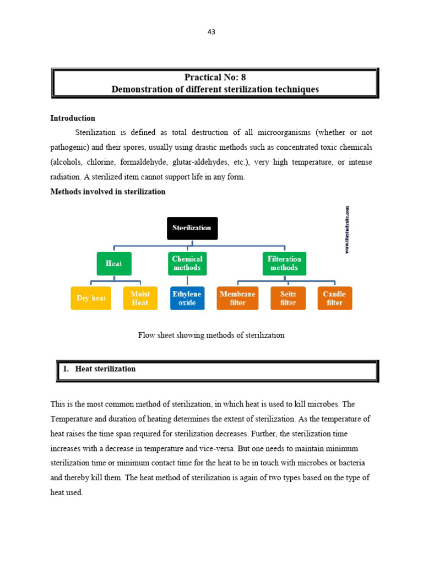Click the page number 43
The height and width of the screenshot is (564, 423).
click(211, 32)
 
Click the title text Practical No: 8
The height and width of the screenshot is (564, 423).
click(215, 78)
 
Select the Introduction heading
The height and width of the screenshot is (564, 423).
click(73, 118)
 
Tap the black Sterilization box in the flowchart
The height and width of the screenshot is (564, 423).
click(192, 228)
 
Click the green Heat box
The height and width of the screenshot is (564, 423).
click(113, 263)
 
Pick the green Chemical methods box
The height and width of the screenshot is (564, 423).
click(187, 263)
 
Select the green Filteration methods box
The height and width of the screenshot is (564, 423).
click(284, 263)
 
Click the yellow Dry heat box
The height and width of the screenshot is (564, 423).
click(91, 298)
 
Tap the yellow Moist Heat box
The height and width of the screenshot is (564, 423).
click(140, 298)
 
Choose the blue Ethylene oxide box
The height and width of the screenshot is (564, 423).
click(187, 298)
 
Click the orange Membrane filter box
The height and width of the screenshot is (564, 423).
click(237, 298)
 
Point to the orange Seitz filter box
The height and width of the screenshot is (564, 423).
click(288, 298)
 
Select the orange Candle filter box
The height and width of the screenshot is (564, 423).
click(334, 298)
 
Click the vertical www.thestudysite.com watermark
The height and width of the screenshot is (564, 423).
click(348, 230)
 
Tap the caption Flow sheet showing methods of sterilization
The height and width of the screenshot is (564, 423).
click(211, 335)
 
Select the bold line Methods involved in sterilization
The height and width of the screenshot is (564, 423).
click(108, 192)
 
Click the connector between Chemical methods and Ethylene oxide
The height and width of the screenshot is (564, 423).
click(187, 281)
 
